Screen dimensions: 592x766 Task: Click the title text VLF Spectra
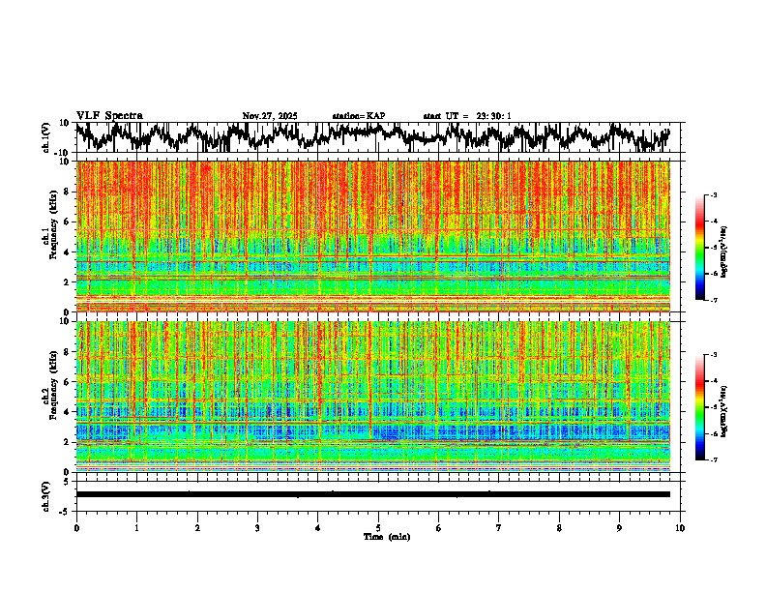coord(109,116)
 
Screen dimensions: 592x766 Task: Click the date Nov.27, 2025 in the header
coord(270,116)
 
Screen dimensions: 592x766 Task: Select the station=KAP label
coord(359,116)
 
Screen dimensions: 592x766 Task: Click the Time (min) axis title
coord(386,536)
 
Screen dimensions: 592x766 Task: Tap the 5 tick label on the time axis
coord(378,527)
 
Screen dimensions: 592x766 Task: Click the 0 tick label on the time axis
coord(76,527)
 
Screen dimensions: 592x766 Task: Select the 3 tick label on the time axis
coord(257,527)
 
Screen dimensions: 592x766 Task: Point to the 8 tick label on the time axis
coord(559,527)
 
